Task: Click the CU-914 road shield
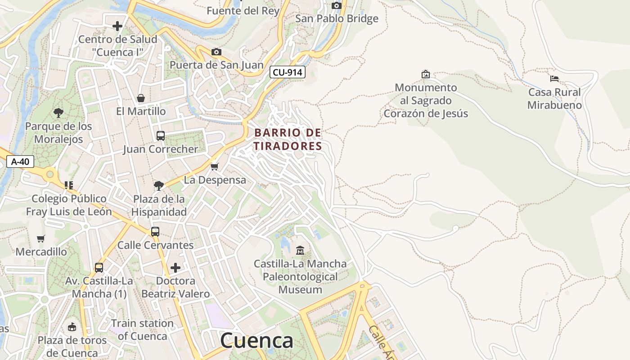[288, 72]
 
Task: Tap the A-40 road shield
[20, 162]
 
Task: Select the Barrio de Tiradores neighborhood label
[288, 139]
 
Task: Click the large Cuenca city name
[256, 341]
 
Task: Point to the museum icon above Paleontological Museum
[300, 250]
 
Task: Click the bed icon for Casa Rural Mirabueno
[554, 79]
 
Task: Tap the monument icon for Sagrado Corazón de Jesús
[425, 74]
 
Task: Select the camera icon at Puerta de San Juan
[216, 52]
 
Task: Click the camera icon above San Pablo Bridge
[337, 5]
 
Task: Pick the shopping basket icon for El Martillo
[141, 98]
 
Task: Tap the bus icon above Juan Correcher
[161, 135]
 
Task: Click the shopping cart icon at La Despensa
[215, 167]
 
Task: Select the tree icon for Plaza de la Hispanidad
[159, 185]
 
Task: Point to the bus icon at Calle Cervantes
[155, 232]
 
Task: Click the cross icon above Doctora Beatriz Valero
[175, 268]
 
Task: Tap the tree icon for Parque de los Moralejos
[58, 112]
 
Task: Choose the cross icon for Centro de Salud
[117, 26]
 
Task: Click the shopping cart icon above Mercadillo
[41, 238]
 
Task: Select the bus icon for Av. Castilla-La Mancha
[99, 268]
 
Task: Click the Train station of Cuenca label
[142, 329]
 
